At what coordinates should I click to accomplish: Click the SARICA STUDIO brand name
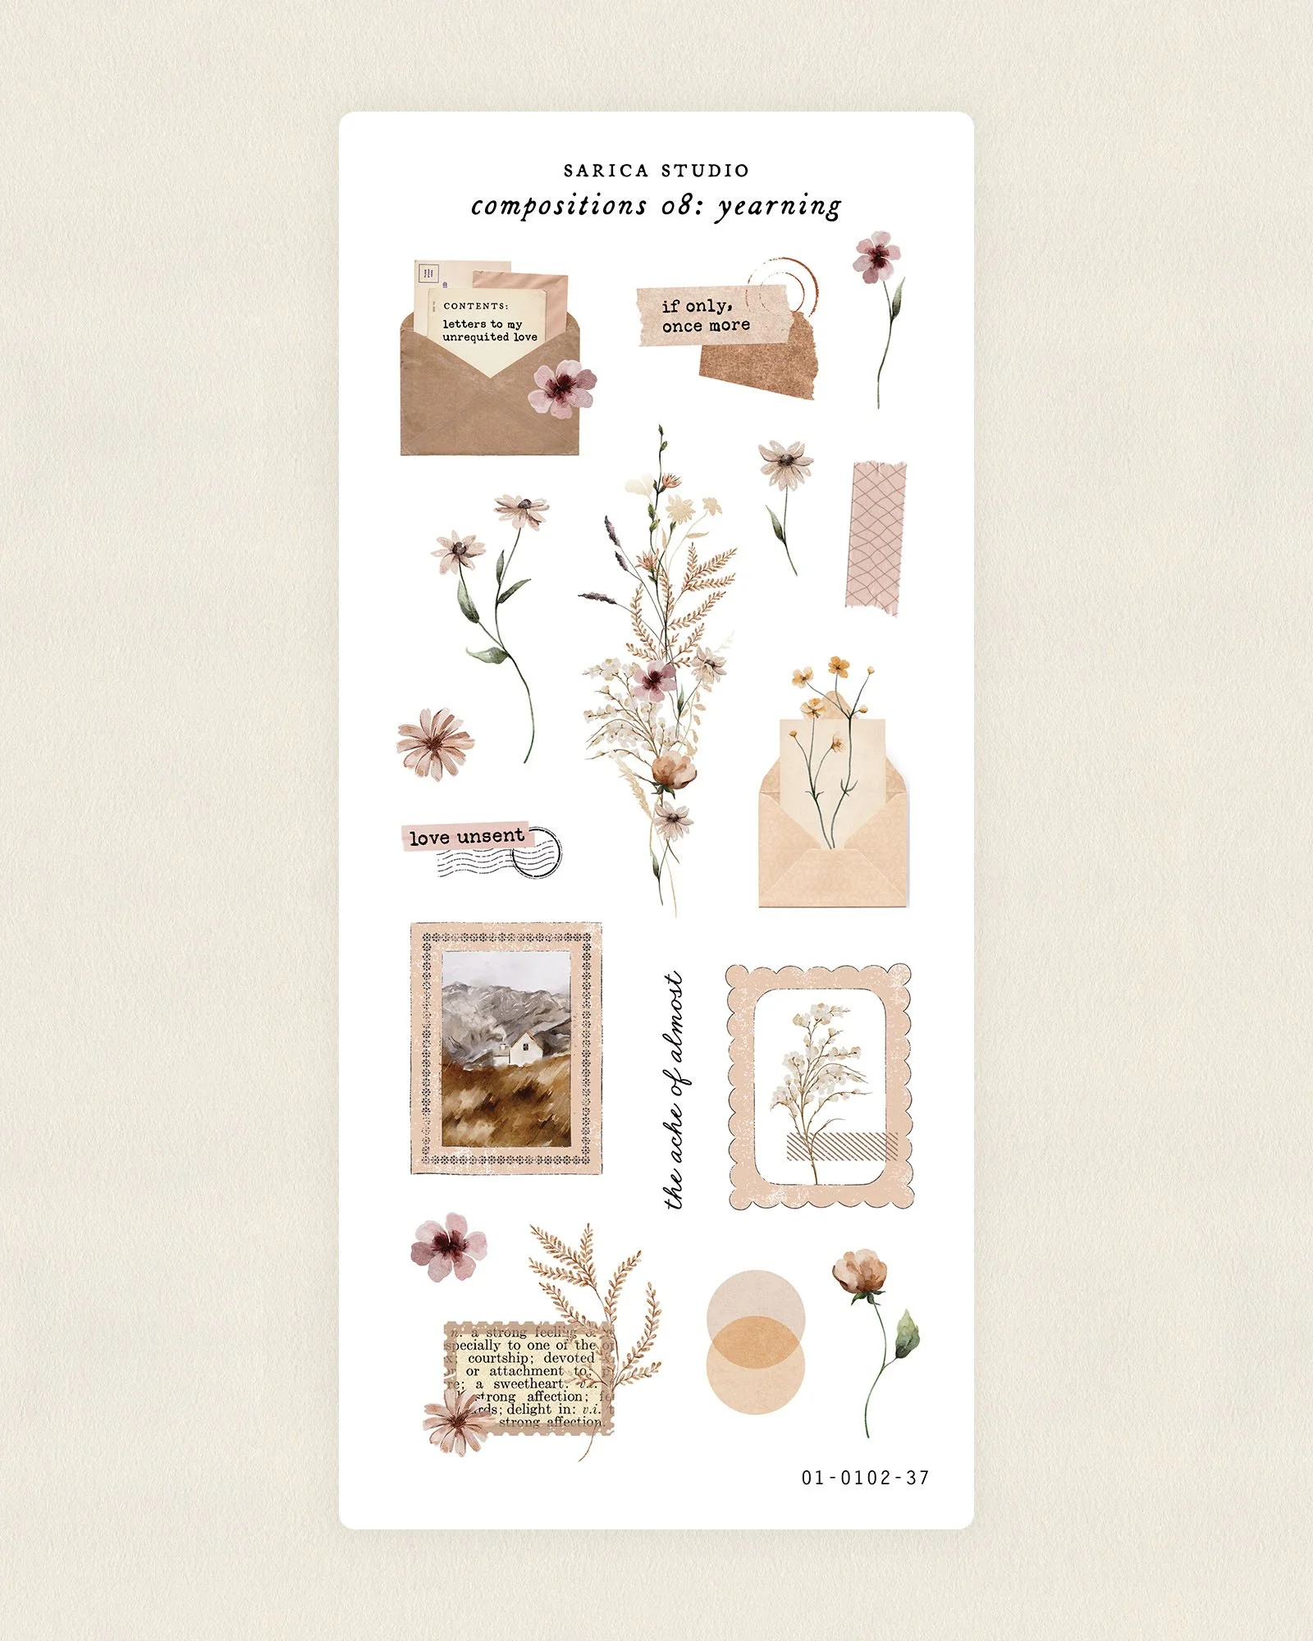pos(656,171)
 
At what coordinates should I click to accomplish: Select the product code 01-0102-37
pos(865,1478)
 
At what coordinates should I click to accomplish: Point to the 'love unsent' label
pos(466,837)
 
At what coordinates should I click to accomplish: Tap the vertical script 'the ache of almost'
pos(675,1090)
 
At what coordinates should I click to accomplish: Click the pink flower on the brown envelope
pos(563,387)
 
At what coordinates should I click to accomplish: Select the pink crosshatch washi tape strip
pos(876,537)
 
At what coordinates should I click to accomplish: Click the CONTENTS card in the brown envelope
pos(487,324)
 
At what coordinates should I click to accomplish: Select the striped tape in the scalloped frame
pos(841,1146)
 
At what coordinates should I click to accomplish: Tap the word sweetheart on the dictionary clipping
pos(529,1384)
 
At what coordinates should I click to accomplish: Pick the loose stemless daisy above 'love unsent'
pos(435,743)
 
